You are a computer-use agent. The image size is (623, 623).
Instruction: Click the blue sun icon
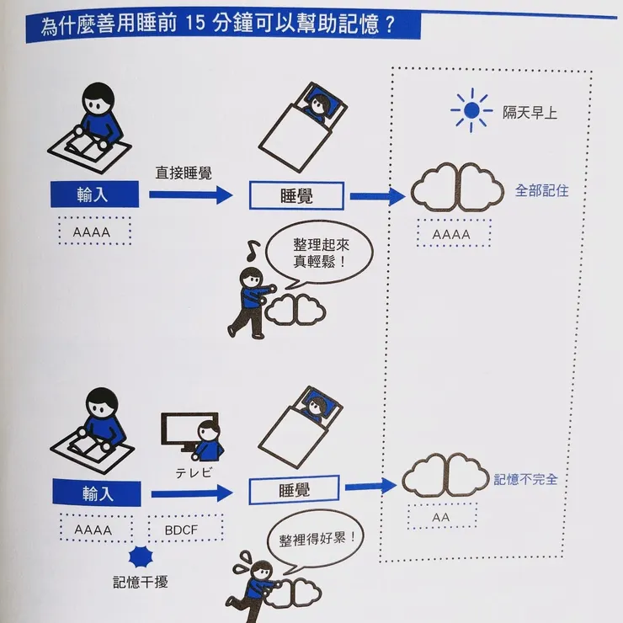tap(471, 109)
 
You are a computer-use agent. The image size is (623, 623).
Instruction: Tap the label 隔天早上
tap(530, 112)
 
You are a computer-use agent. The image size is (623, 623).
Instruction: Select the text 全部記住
tap(541, 190)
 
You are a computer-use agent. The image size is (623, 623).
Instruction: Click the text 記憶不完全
tap(525, 480)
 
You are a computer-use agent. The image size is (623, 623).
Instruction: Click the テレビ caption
tap(193, 472)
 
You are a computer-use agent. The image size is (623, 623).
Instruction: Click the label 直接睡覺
tap(183, 172)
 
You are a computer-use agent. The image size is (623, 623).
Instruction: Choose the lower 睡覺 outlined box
tap(294, 488)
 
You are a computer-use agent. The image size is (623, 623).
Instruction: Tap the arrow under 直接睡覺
tap(190, 195)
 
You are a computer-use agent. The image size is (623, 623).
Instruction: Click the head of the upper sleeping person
tap(319, 104)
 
